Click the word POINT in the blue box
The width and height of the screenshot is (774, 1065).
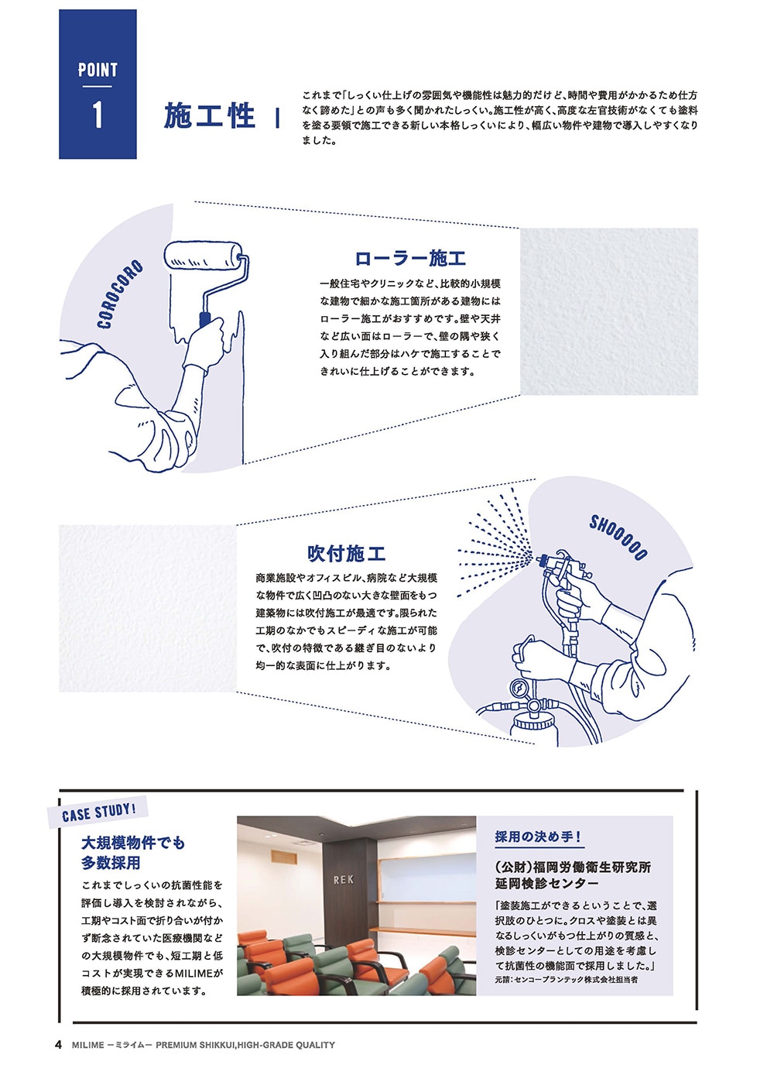[x=98, y=70]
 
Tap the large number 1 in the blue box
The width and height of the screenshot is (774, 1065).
[x=98, y=115]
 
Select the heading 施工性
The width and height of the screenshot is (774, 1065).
[x=209, y=116]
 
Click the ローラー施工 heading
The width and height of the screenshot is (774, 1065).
[x=410, y=258]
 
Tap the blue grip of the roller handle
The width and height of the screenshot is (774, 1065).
[x=206, y=319]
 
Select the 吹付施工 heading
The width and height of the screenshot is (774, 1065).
[x=347, y=554]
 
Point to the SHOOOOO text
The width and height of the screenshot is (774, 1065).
[x=618, y=538]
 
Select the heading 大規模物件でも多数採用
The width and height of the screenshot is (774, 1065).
[x=132, y=853]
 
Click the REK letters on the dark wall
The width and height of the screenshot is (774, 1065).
[x=343, y=880]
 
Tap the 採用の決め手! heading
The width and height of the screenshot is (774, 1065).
[x=537, y=837]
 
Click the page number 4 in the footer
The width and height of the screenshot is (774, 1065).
[x=59, y=1045]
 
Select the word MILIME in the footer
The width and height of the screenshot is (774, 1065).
[x=88, y=1045]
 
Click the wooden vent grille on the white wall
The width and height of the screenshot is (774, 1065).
[x=283, y=857]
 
